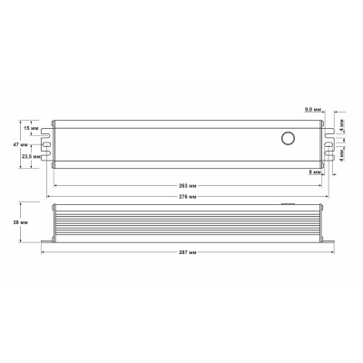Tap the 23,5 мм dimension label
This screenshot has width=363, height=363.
28,156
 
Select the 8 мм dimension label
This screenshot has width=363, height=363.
314,172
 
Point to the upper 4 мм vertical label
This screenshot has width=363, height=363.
342,127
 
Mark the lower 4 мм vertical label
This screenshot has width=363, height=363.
342,153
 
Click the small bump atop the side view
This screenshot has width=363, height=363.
288,205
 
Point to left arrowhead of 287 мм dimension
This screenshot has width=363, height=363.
44,252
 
